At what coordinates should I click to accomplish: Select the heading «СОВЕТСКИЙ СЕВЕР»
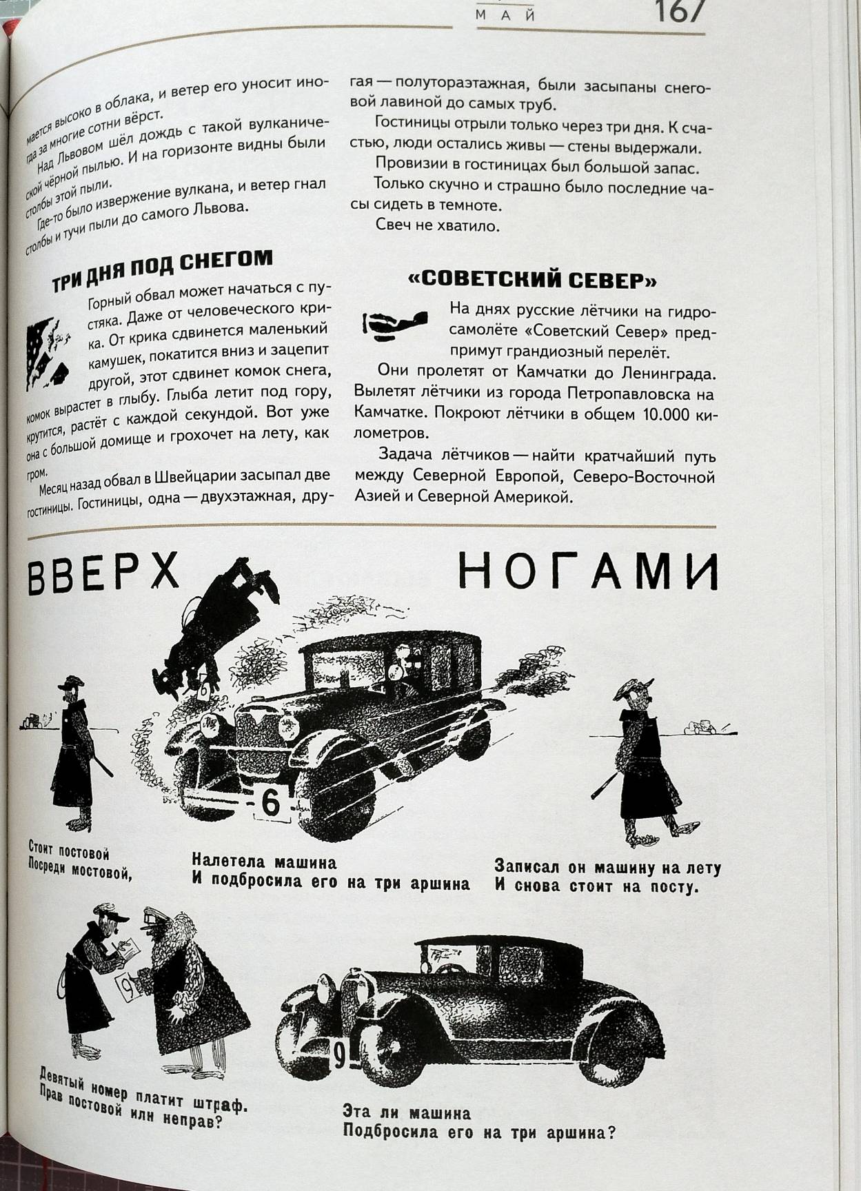531,280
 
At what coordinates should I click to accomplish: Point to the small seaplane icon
394,325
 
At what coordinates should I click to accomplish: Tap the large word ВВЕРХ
103,572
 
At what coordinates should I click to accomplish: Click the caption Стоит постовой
69,849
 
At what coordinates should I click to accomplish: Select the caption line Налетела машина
264,862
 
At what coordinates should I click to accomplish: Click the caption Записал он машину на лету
607,868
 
